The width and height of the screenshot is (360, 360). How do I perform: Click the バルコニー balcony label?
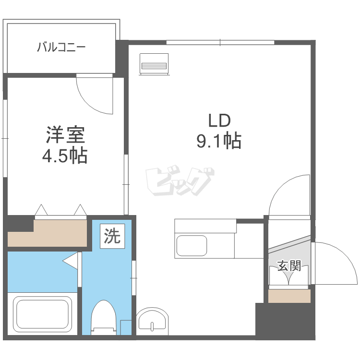pyautogui.click(x=61, y=47)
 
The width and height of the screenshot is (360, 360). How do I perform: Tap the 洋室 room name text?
pyautogui.click(x=66, y=135)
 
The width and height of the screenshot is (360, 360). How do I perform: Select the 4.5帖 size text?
pyautogui.click(x=66, y=156)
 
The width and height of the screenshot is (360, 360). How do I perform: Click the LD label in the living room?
pyautogui.click(x=219, y=120)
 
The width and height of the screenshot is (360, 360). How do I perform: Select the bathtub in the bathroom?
pyautogui.click(x=43, y=312)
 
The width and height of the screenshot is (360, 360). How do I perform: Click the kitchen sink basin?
pyautogui.click(x=192, y=246)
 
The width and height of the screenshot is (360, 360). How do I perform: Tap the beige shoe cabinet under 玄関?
pyautogui.click(x=289, y=296)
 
